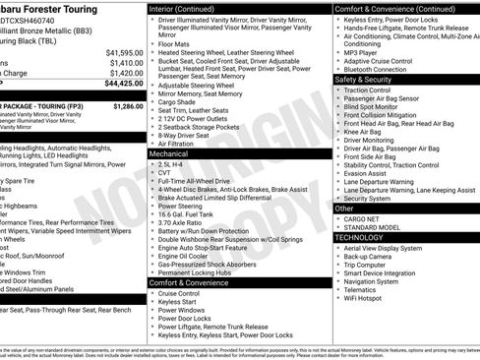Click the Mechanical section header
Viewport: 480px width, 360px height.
pyautogui.click(x=169, y=154)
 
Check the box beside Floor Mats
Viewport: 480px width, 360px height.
pyautogui.click(x=151, y=44)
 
